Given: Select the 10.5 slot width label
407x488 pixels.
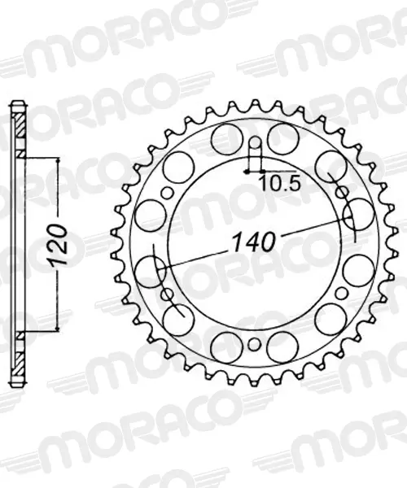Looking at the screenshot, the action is pyautogui.click(x=281, y=184).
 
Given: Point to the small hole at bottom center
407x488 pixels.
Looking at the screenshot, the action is pyautogui.click(x=255, y=344).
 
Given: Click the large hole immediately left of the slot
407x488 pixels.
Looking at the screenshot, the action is pyautogui.click(x=227, y=138).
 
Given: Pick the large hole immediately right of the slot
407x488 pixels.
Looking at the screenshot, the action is pyautogui.click(x=283, y=138).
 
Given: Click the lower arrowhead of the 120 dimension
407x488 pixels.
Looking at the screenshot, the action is pyautogui.click(x=57, y=328).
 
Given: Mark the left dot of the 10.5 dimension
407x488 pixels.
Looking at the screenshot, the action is pyautogui.click(x=247, y=172).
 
